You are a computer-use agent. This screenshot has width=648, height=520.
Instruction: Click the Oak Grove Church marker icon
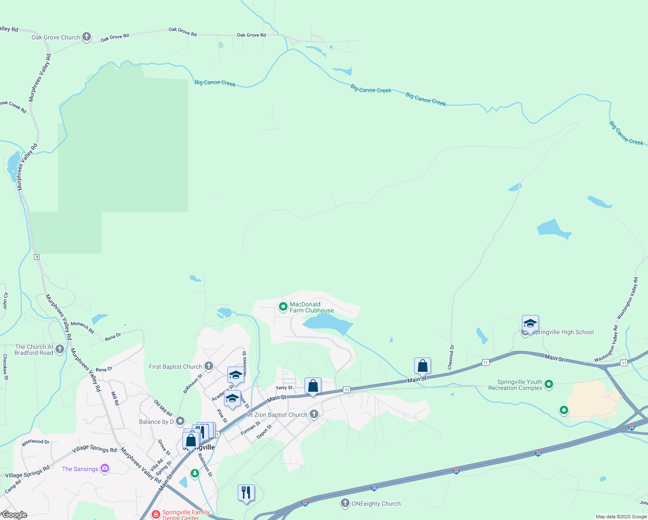(87, 37)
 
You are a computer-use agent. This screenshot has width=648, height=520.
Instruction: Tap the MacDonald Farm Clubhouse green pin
(283, 307)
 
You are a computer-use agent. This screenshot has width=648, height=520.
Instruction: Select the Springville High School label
(563, 332)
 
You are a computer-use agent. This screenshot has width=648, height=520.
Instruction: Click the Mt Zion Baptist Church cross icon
(314, 415)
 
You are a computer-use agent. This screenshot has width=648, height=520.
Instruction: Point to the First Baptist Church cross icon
(209, 366)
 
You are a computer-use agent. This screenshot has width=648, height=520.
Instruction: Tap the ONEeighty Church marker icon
(345, 503)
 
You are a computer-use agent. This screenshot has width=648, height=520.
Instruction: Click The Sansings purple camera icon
(104, 468)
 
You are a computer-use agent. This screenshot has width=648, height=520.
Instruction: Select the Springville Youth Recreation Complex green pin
(549, 384)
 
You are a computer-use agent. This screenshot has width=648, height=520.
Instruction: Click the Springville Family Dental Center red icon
(156, 514)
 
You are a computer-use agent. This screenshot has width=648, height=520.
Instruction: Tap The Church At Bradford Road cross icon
(60, 349)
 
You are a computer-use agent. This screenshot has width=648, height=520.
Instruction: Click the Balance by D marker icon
(180, 421)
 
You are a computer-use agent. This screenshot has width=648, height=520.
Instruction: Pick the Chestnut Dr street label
(451, 357)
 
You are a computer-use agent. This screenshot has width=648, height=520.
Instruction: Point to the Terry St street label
(284, 388)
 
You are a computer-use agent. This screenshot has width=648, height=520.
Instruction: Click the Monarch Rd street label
(82, 327)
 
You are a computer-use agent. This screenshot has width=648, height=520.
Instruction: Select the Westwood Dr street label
(36, 442)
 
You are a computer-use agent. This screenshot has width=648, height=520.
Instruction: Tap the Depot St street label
(264, 432)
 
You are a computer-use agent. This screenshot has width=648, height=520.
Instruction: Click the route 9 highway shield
(37, 257)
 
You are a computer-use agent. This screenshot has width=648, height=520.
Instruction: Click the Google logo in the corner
(14, 515)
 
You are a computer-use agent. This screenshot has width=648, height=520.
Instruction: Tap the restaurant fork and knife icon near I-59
(246, 493)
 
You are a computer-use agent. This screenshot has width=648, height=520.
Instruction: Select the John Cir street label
(5, 301)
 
